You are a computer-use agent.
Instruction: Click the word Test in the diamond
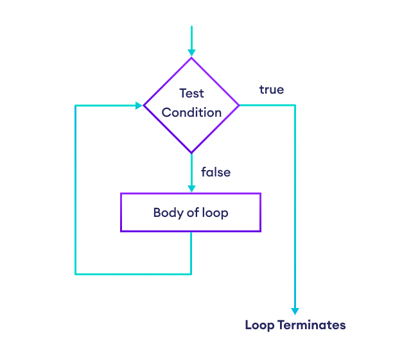coord(191,93)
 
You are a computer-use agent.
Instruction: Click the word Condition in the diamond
coord(191,112)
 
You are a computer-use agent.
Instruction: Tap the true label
coord(272,90)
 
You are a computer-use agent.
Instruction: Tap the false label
coord(216,172)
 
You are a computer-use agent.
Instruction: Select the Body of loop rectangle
coord(191,212)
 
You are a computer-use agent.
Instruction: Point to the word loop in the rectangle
coord(214,212)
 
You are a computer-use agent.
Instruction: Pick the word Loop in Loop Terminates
coord(259,325)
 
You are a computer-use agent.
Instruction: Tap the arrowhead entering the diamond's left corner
coord(139,105)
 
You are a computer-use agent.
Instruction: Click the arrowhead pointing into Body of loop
coord(191,189)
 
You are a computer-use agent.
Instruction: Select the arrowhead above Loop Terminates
coord(295,311)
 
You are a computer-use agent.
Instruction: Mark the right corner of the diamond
coord(239,105)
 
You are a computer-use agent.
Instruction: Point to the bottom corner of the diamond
coord(191,153)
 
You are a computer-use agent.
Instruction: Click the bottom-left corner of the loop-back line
coord(76,274)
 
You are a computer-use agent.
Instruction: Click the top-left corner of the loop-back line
coord(76,105)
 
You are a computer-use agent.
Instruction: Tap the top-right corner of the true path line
coord(295,105)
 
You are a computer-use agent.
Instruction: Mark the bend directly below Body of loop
coord(191,274)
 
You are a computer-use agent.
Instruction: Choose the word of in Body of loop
coord(193,212)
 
